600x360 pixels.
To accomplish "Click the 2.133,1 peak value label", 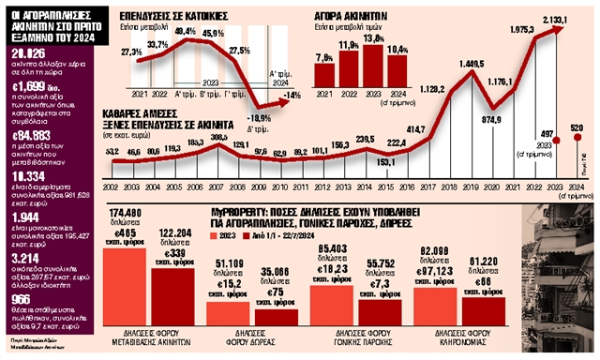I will (x=555, y=20).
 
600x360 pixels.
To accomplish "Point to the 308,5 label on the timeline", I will (x=217, y=137).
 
